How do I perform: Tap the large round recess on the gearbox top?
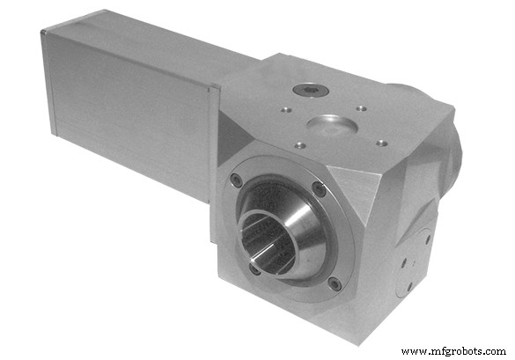pos(332,123)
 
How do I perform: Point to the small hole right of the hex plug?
pos(361,108)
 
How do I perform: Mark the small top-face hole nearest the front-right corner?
pos(380,142)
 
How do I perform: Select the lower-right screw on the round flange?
pos(334,283)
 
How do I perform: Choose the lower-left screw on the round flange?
pos(254,268)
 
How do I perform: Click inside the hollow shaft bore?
pos(262,239)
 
